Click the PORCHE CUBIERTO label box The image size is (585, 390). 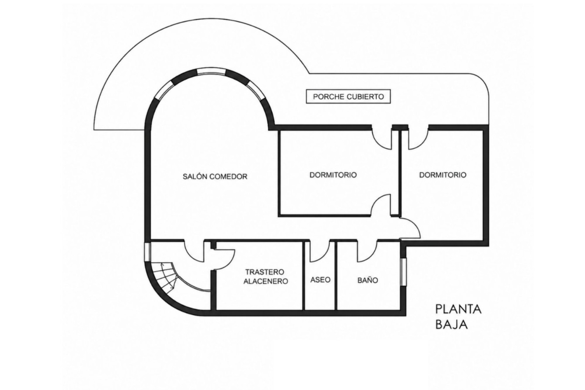(x=348, y=97)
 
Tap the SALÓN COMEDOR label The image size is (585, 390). (x=215, y=176)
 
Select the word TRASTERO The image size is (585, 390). (x=265, y=271)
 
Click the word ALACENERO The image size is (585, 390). (x=266, y=281)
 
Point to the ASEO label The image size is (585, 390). (x=320, y=280)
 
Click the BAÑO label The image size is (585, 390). (x=368, y=280)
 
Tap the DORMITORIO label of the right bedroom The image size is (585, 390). (x=443, y=175)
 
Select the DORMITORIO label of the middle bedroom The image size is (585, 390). (x=333, y=175)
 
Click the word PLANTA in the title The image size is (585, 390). (x=459, y=309)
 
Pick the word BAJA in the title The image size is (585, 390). (x=452, y=324)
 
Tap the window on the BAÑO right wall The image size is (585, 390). (x=404, y=272)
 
